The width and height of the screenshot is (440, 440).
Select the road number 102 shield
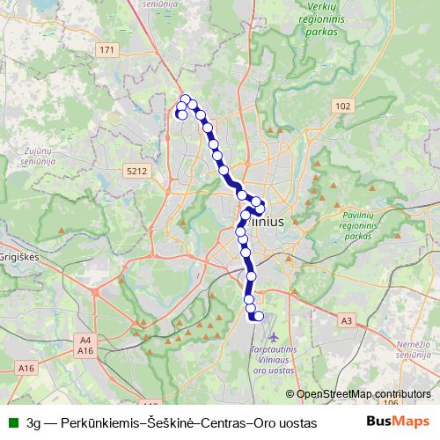[x=342, y=106]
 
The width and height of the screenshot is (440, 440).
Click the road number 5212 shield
[x=136, y=170]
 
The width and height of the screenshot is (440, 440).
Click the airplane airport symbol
[x=275, y=337]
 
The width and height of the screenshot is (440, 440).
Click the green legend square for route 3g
[x=11, y=422]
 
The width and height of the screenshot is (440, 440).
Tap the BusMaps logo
[x=398, y=422]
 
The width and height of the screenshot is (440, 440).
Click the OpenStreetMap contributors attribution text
[x=363, y=393]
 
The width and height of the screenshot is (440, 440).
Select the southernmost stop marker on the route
[x=258, y=316]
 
